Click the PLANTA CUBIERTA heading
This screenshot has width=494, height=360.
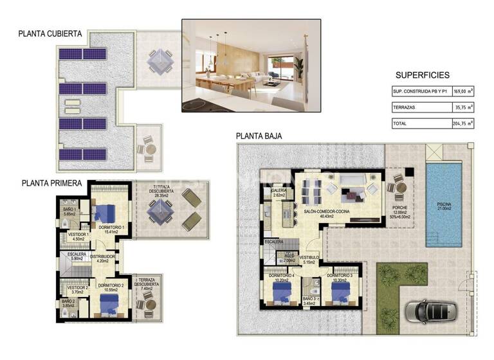[x=50, y=35]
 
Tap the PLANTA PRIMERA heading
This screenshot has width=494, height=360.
[x=51, y=183]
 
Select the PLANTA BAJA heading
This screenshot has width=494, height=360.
[x=259, y=136]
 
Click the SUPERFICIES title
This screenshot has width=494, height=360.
[x=423, y=75]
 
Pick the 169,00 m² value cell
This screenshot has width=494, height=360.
[x=463, y=92]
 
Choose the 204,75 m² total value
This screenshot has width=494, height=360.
[x=463, y=123]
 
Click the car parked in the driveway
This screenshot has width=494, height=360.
[x=429, y=311]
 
